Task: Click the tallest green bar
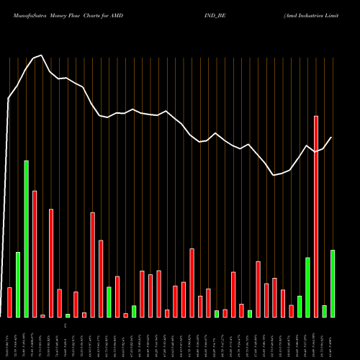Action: pos(26,238)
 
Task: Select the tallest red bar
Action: pos(315,216)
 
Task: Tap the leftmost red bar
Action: pos(9,302)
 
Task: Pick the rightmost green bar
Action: pos(333,284)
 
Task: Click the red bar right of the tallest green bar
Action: pos(35,253)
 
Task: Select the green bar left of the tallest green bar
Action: pos(18,284)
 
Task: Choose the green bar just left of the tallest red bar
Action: pos(307,287)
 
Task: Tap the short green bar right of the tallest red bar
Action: pos(324,311)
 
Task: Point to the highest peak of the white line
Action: pos(42,55)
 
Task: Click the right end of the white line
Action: pos(332,138)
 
